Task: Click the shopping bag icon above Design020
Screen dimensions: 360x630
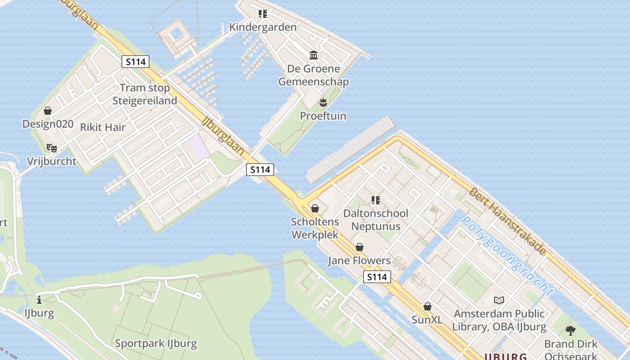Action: tap(48, 111)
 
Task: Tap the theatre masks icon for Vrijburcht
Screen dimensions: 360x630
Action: tap(51, 148)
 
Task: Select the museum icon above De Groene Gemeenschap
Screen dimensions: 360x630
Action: tap(314, 55)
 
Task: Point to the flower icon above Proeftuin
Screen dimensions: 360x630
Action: tap(323, 103)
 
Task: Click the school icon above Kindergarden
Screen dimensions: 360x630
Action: tap(263, 14)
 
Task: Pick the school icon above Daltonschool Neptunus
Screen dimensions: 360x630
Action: tap(376, 200)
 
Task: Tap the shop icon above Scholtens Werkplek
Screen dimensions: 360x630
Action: tap(315, 208)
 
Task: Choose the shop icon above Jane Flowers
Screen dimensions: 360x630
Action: tap(359, 247)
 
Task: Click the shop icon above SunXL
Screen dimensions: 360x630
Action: tap(427, 306)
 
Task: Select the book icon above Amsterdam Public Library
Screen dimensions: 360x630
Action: tap(499, 300)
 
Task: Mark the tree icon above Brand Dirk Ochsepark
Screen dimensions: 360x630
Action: tap(571, 331)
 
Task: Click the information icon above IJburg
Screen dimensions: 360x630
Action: tap(40, 300)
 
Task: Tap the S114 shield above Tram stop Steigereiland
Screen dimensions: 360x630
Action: tap(135, 62)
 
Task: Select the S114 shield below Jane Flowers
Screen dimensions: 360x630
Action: tap(377, 277)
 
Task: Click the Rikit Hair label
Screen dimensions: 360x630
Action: tap(103, 127)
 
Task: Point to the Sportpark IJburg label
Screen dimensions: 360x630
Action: tap(156, 344)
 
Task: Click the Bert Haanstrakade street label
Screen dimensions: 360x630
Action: tap(507, 221)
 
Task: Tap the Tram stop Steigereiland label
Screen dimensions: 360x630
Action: tap(144, 94)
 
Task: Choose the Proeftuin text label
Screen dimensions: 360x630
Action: tap(323, 116)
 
